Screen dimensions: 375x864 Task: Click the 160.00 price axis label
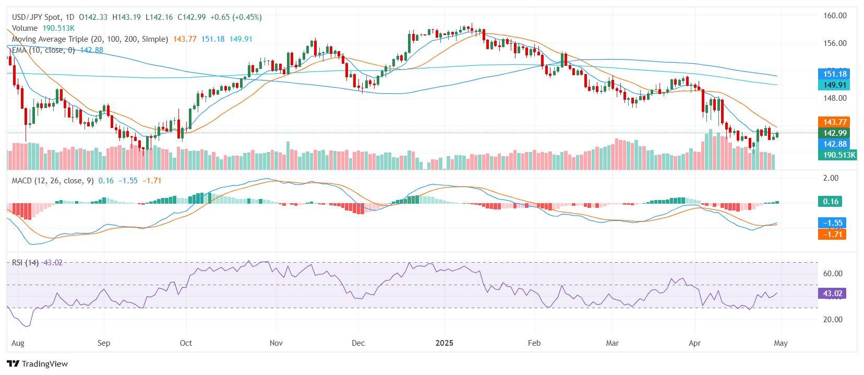(834, 16)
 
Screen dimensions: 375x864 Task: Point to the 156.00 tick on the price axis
(834, 43)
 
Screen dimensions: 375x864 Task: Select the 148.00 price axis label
(834, 98)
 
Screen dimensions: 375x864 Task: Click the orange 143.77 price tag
(834, 122)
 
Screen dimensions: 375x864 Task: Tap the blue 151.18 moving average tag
(834, 74)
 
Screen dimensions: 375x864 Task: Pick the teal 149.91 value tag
(834, 85)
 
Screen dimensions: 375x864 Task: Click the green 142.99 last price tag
(834, 133)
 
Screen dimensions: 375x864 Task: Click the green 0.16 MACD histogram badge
(831, 202)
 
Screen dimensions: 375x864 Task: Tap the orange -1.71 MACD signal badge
(832, 235)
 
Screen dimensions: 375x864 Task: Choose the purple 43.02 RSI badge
(832, 294)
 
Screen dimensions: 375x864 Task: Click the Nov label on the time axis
(276, 343)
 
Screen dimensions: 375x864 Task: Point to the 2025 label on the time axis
(445, 343)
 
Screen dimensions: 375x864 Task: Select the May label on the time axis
(781, 343)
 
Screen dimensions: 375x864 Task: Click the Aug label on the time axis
(18, 343)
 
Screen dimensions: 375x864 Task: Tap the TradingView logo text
(44, 364)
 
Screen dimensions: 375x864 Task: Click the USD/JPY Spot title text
(35, 17)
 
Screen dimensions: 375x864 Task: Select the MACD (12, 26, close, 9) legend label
(53, 181)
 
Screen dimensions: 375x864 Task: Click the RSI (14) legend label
(25, 263)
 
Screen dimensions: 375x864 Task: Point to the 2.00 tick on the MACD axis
(831, 178)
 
